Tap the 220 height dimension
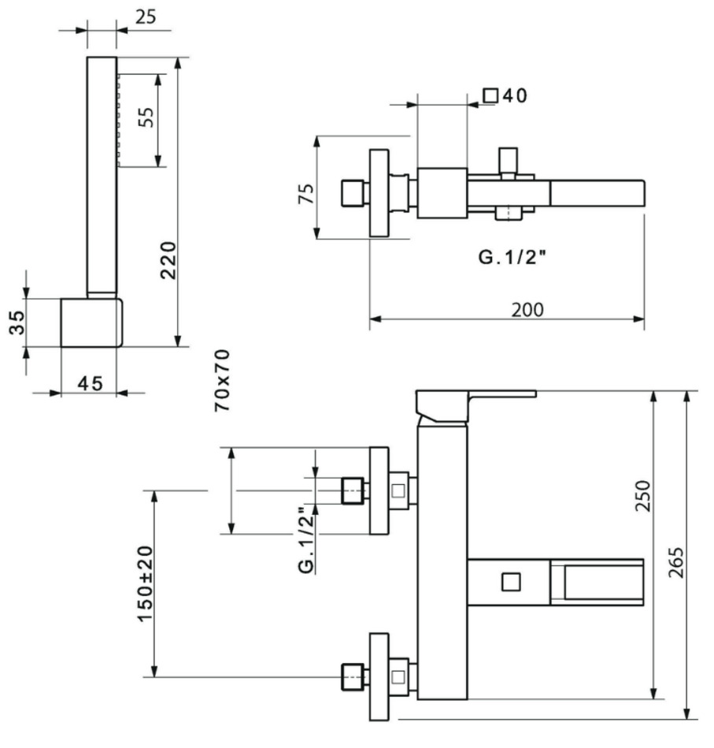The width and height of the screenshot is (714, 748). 168,259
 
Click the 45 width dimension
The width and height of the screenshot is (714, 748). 90,383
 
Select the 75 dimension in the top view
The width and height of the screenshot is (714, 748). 305,193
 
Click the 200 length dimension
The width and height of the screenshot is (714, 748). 527,309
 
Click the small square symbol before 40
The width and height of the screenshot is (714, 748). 491,95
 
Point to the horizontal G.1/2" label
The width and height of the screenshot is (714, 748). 512,257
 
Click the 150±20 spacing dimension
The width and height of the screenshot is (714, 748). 146,583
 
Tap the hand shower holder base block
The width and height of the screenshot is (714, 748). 91,322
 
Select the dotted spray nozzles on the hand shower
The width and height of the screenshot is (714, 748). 120,118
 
